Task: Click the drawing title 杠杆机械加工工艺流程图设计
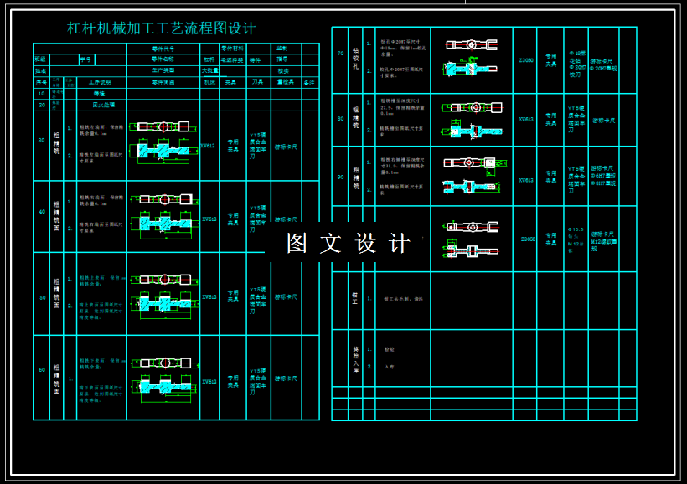pos(162,28)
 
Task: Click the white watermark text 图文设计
pos(348,243)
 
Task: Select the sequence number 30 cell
pos(41,140)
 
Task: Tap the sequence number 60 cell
pos(41,369)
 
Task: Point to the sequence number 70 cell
pos(340,54)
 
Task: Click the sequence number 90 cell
pos(340,177)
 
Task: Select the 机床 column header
pos(209,83)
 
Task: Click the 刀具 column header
pos(258,83)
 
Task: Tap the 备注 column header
pos(309,83)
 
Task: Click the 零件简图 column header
pos(163,83)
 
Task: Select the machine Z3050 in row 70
pos(526,60)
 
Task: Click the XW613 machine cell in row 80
pos(526,119)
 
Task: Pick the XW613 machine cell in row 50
pos(209,296)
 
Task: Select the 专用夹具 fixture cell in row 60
pos(234,381)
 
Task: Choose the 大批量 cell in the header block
pos(209,71)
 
